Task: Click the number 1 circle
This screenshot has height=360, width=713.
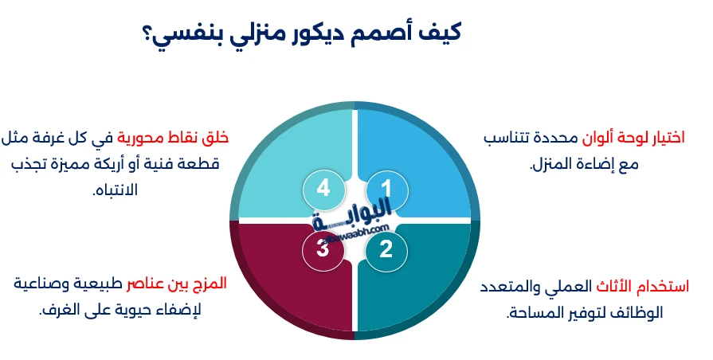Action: (386, 188)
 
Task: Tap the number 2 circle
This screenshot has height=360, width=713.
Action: (386, 249)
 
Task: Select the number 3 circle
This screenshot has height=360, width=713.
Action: (323, 249)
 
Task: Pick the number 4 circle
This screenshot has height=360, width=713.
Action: (323, 188)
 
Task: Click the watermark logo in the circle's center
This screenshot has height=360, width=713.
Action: (355, 219)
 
